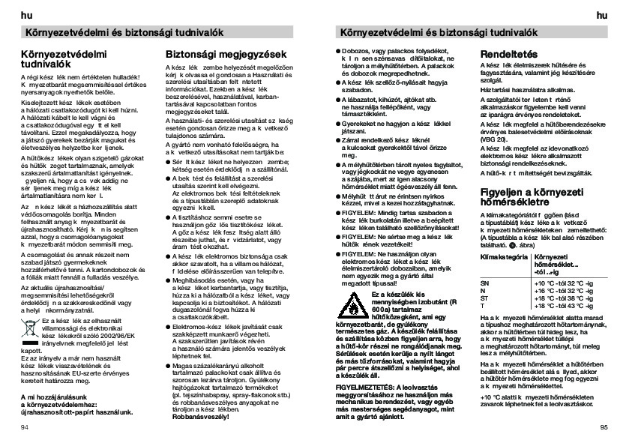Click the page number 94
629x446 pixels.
pyautogui.click(x=25, y=427)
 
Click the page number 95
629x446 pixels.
pyautogui.click(x=604, y=427)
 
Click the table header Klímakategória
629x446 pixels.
pyautogui.click(x=499, y=257)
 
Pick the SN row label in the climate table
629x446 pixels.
pyautogui.click(x=484, y=283)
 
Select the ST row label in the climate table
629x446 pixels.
pyautogui.click(x=484, y=297)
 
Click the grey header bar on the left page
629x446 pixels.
pyautogui.click(x=157, y=32)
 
